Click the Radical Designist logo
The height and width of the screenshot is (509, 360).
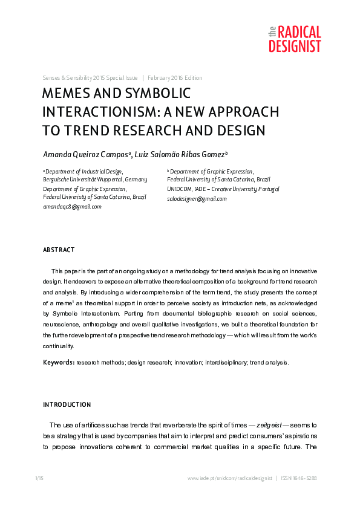294,39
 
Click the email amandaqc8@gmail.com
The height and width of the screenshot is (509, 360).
72,206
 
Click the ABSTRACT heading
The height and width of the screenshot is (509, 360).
59,250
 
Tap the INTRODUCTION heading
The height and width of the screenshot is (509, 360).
67,404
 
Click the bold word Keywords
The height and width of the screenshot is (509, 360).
59,363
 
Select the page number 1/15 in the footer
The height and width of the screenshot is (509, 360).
39,478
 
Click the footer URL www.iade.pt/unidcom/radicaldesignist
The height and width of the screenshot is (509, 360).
230,478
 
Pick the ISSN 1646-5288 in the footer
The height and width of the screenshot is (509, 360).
299,478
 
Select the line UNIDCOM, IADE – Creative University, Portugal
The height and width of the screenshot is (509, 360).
223,189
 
